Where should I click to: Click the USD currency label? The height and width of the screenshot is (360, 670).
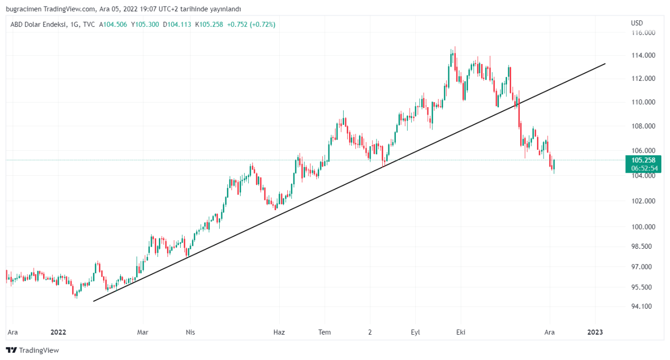(637, 23)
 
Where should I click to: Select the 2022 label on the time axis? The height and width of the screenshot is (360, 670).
(58, 332)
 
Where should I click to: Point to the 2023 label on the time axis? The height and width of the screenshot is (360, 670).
(595, 332)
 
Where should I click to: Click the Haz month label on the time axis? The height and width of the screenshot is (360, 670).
(279, 332)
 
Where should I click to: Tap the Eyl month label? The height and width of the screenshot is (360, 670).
(415, 332)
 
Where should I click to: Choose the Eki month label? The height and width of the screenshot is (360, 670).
(461, 332)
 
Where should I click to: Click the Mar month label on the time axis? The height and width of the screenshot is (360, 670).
(143, 332)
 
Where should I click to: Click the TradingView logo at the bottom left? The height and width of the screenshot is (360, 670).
(32, 350)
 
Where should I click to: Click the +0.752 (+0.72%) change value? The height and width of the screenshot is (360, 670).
(251, 24)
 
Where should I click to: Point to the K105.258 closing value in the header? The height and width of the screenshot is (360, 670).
(209, 24)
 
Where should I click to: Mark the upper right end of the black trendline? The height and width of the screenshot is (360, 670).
(606, 63)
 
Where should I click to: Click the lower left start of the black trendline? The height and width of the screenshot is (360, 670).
(94, 301)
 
